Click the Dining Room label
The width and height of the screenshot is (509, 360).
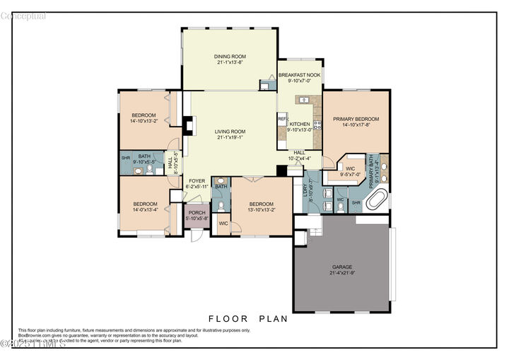[x=228, y=57]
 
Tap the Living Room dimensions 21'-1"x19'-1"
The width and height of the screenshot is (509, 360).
[x=230, y=137]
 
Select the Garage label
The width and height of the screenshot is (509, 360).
[x=341, y=267]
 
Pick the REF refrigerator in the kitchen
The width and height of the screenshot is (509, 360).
[x=282, y=120]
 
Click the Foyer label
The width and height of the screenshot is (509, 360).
[x=197, y=181]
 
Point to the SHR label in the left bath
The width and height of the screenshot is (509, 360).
[x=125, y=158]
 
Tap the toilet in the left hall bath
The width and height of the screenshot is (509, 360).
[x=151, y=170]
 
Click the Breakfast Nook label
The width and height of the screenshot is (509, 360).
[x=299, y=75]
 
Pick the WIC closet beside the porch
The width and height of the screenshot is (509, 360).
[x=223, y=224]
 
